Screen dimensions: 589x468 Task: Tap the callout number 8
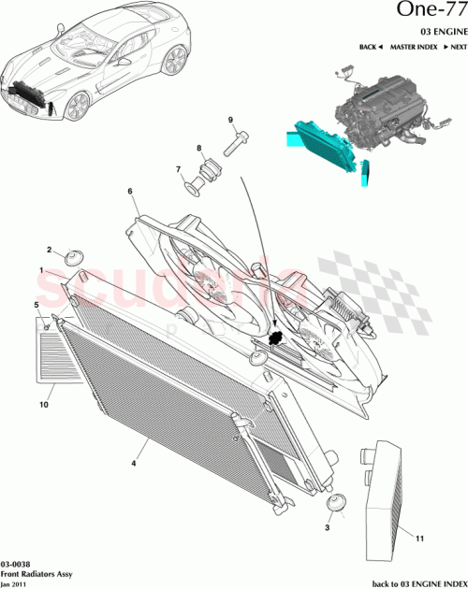tap(198, 150)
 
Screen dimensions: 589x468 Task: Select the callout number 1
tap(41, 269)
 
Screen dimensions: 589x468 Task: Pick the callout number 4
tap(134, 461)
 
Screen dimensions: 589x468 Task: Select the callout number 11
tap(420, 539)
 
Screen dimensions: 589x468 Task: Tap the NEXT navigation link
tap(449, 47)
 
